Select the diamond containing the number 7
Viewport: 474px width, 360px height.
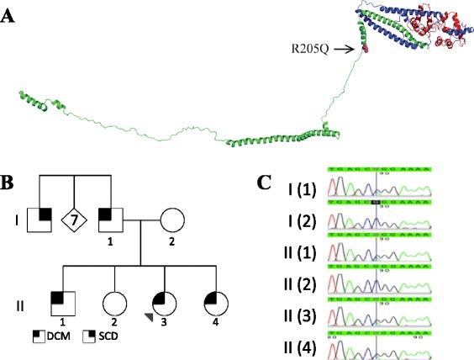point(75,222)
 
